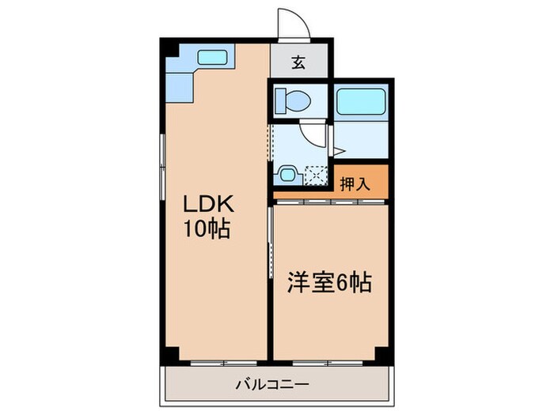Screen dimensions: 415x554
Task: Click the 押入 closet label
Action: click(355, 185)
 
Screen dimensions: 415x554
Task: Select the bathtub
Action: click(360, 101)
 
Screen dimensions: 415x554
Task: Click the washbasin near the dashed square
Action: click(286, 173)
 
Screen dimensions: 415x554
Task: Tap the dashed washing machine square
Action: click(315, 175)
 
